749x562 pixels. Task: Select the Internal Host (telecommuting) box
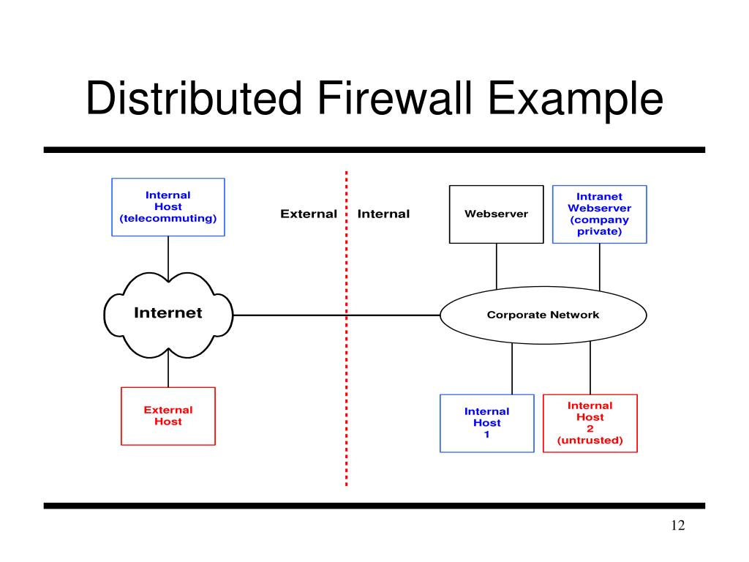168,207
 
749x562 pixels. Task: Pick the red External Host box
168,416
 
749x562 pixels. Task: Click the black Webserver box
496,214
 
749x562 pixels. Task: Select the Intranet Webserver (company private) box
599,214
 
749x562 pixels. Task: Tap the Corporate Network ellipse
543,315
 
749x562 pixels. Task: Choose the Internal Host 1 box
486,423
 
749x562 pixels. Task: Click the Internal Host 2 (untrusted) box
590,423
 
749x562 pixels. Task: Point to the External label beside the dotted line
309,214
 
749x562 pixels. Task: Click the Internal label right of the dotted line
383,214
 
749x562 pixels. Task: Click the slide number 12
677,527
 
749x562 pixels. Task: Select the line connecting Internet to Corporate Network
293,315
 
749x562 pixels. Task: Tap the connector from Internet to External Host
168,370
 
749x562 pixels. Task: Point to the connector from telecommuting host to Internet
168,256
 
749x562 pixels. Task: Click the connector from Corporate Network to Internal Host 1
512,370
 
